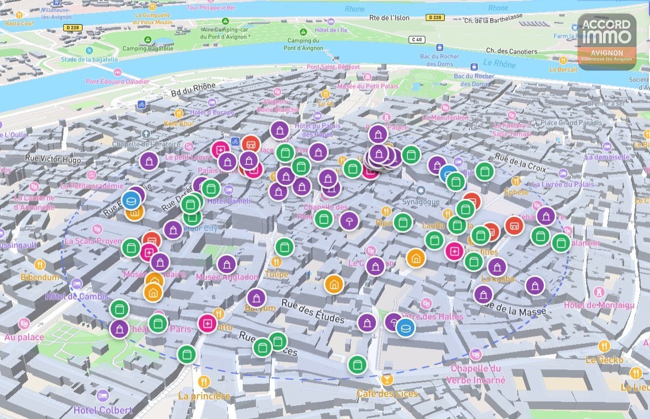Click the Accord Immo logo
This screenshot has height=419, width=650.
click(607, 41)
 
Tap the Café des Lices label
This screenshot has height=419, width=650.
click(387, 393)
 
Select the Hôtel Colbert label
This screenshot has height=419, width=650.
click(103, 410)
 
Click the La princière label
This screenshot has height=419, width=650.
click(204, 395)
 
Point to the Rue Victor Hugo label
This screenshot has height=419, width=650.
click(53, 160)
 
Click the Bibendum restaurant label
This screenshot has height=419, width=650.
click(40, 276)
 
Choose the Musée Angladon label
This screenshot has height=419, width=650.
click(227, 277)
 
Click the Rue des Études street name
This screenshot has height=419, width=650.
click(313, 311)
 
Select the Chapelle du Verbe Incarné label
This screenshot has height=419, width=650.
click(476, 374)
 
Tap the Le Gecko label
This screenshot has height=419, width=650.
click(604, 360)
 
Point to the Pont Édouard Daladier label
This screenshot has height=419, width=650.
click(117, 81)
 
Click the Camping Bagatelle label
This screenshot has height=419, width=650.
click(147, 48)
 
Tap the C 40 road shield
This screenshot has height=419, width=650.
click(417, 39)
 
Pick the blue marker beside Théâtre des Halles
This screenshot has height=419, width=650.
click(406, 328)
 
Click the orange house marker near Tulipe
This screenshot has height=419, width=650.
click(334, 284)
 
